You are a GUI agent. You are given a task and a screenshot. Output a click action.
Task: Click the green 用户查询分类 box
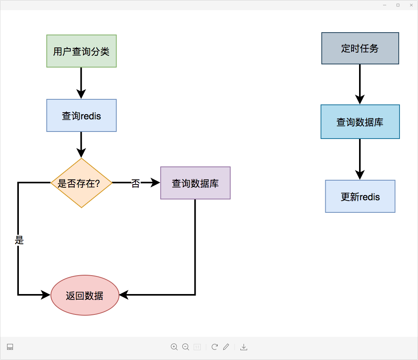click(x=81, y=51)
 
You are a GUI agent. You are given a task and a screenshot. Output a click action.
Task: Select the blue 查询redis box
click(x=81, y=115)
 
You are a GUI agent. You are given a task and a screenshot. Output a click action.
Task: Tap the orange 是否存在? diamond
click(x=81, y=183)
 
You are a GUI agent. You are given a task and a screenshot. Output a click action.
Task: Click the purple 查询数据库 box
click(x=195, y=183)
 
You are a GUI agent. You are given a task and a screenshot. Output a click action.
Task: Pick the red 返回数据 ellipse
click(x=85, y=295)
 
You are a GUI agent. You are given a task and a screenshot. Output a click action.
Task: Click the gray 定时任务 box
click(x=360, y=48)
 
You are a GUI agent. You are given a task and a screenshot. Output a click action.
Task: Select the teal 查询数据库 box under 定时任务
click(x=360, y=122)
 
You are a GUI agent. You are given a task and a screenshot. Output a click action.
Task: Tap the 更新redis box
click(x=360, y=196)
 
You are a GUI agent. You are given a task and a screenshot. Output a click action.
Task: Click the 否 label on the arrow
click(x=136, y=183)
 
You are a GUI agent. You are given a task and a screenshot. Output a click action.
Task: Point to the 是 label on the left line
click(x=19, y=240)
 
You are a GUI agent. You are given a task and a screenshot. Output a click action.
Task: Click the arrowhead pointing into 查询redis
click(x=81, y=94)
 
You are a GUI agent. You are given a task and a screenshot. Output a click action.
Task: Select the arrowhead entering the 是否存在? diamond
click(x=81, y=154)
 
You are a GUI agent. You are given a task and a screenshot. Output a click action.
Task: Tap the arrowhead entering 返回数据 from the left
click(x=46, y=295)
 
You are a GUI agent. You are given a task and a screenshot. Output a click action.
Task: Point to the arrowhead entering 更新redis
click(x=360, y=175)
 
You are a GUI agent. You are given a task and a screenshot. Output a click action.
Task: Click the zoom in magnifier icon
click(x=174, y=347)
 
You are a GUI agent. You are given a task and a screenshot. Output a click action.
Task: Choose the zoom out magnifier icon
click(x=186, y=347)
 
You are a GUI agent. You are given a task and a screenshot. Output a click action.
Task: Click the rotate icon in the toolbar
click(x=214, y=347)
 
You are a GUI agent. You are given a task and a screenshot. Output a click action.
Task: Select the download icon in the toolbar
click(x=244, y=347)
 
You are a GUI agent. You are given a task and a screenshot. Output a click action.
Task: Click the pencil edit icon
click(x=226, y=347)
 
